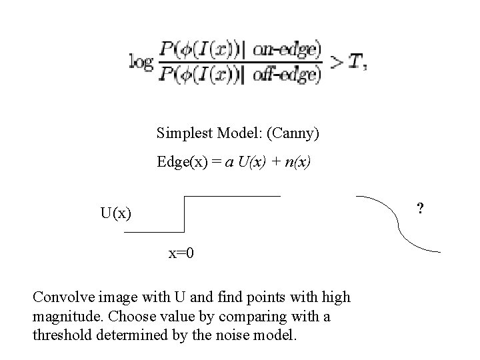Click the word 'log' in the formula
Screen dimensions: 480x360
point(141,62)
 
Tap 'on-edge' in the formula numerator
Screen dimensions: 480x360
point(287,49)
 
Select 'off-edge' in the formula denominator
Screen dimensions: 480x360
point(287,74)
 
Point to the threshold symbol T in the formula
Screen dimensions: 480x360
point(358,62)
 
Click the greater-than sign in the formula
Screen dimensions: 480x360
point(337,62)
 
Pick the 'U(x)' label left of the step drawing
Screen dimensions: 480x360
point(115,214)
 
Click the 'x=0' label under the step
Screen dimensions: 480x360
point(181,254)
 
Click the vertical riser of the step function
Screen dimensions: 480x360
point(183,214)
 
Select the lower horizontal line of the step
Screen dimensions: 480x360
point(153,231)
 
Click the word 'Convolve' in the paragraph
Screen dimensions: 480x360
point(61,297)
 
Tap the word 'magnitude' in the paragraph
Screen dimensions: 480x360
point(64,317)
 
